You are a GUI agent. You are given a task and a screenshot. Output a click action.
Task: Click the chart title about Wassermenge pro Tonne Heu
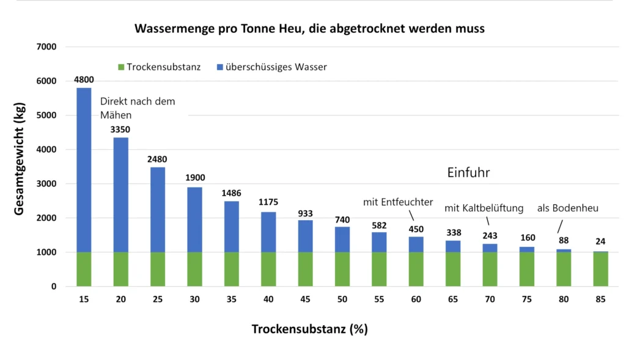pos(309,29)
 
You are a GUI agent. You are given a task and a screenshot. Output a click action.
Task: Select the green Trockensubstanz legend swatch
pos(120,67)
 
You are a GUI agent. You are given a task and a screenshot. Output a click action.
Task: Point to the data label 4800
pos(84,79)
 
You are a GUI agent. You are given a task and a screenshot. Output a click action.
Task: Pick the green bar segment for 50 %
pos(342,269)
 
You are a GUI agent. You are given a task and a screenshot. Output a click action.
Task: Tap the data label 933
pos(306,213)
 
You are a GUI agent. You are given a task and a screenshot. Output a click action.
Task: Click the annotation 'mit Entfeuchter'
pos(398,201)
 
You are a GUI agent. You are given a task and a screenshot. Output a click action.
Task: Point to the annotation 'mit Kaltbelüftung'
pos(484,208)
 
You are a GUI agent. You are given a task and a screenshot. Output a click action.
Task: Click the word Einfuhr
pos(469,173)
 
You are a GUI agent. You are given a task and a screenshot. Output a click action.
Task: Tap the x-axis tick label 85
pos(600,300)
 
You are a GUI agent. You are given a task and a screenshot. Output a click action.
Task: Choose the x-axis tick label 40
pos(269,300)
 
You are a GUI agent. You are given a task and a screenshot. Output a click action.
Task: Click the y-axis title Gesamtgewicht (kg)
pos(20,166)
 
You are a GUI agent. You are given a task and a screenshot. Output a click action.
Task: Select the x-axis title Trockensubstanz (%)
pos(309,329)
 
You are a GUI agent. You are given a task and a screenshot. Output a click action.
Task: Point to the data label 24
pos(600,241)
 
